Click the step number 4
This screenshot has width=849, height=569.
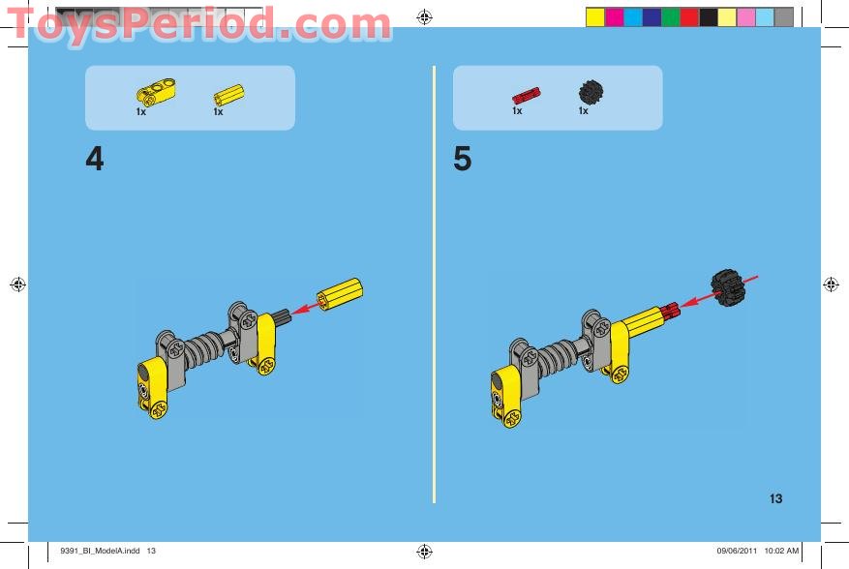point(94,160)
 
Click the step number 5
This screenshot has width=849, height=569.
point(463,160)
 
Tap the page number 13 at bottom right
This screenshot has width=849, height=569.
point(775,499)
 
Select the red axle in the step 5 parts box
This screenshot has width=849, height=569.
point(526,95)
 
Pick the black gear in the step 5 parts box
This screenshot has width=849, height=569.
point(590,92)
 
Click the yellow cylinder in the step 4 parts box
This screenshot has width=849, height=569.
point(228,94)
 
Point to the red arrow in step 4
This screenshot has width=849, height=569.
point(308,309)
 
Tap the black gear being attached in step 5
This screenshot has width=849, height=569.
point(731,287)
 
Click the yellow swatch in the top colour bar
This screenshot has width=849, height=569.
point(594,16)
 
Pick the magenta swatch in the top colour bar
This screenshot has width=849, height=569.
point(614,16)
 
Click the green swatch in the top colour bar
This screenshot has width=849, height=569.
point(670,16)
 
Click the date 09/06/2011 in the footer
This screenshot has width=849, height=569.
point(736,552)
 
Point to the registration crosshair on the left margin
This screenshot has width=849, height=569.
point(16,284)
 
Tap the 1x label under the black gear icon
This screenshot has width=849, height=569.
point(584,111)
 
